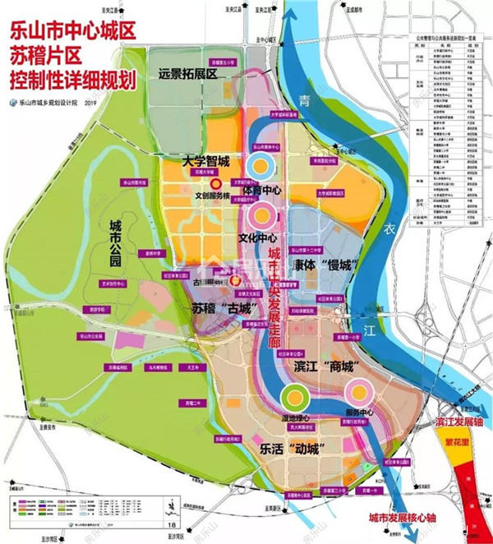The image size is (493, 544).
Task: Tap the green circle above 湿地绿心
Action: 293,399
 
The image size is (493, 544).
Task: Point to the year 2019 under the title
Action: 90,103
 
